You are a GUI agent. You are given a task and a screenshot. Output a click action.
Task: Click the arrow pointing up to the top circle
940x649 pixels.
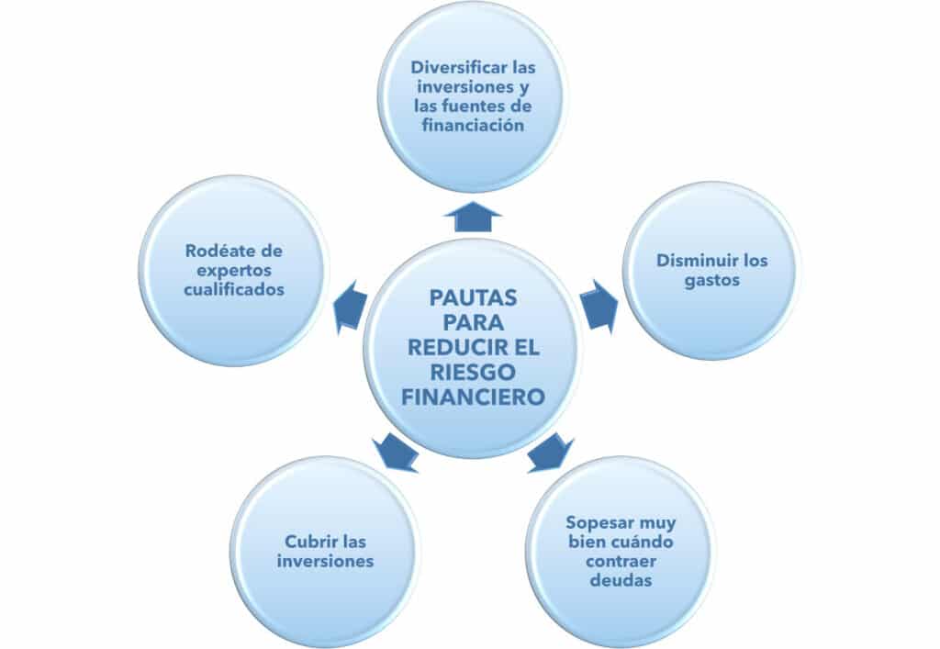click(x=473, y=217)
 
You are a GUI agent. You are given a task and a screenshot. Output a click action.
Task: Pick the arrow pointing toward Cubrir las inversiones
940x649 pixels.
click(x=395, y=453)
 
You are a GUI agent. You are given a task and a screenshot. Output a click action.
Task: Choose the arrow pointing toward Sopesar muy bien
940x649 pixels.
click(x=551, y=453)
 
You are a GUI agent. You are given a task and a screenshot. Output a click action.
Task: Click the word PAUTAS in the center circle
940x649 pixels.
click(x=473, y=297)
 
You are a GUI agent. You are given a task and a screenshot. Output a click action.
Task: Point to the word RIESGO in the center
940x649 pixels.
click(x=473, y=372)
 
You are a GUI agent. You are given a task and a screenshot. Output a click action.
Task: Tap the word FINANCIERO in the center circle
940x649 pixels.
click(x=473, y=397)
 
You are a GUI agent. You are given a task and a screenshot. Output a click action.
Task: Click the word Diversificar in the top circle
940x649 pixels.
click(x=453, y=67)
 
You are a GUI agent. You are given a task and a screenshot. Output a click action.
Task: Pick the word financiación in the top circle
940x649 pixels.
click(x=473, y=125)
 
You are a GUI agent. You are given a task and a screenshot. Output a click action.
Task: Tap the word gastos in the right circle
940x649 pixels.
click(x=712, y=281)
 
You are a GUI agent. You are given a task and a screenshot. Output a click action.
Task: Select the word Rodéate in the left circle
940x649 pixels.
click(x=215, y=251)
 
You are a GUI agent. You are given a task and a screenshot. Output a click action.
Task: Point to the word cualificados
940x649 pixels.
click(x=234, y=289)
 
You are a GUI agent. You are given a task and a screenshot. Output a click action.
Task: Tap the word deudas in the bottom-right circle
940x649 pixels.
click(x=621, y=580)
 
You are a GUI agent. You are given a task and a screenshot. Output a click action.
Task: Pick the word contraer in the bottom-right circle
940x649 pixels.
click(x=621, y=562)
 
